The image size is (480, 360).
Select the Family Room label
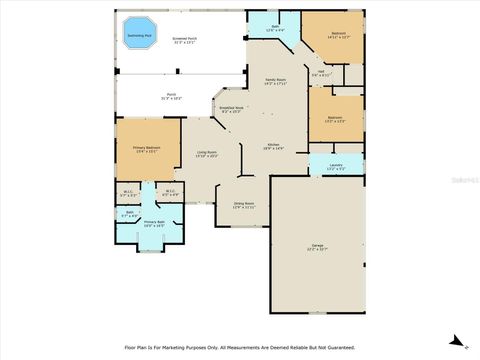click(x=275, y=80)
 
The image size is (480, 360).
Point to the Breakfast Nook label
click(x=231, y=109)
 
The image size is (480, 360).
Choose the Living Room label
click(x=207, y=152)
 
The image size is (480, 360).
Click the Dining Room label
click(x=244, y=205)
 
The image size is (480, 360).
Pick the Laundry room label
click(x=335, y=167)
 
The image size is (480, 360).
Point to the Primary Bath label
click(x=153, y=224)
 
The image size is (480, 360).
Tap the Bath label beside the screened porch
click(x=275, y=28)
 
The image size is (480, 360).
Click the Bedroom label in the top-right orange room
click(x=338, y=34)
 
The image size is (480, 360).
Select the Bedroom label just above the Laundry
click(x=335, y=119)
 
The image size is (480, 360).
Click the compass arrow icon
click(x=457, y=341)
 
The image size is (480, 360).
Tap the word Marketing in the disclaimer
click(x=185, y=348)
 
